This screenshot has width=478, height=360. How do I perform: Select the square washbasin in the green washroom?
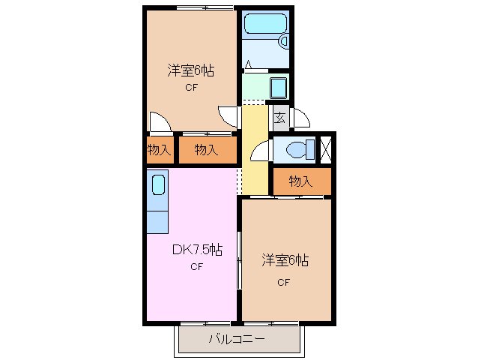click(x=277, y=88)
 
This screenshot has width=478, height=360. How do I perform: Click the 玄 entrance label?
click(x=279, y=118)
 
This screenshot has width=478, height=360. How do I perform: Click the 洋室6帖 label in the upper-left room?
click(x=190, y=71)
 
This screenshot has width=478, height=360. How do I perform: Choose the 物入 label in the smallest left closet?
click(x=158, y=150)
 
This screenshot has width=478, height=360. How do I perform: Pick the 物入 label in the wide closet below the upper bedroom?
click(x=206, y=150)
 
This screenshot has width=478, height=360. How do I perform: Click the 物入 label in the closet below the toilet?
click(x=300, y=181)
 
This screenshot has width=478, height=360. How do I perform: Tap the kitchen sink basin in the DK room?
click(x=159, y=184)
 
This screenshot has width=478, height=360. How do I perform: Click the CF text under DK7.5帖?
click(x=196, y=267)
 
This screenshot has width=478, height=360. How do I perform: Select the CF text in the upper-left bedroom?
click(x=191, y=88)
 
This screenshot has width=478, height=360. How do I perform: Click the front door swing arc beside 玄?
click(x=301, y=118)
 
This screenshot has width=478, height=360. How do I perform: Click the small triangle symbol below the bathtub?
click(x=248, y=65)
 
